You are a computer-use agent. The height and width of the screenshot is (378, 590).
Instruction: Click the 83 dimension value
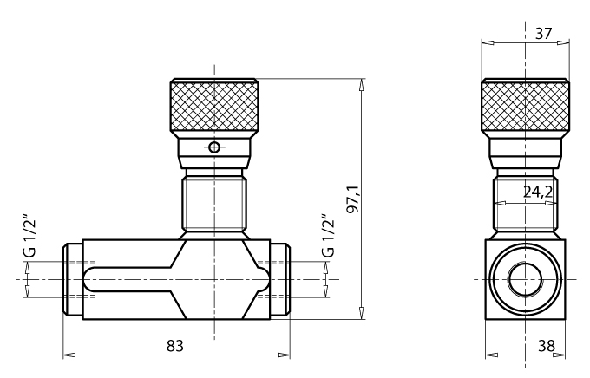[x=175, y=345]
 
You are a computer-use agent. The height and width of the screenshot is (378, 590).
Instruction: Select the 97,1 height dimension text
[x=354, y=199]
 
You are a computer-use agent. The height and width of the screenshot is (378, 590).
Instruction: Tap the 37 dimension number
[x=544, y=34]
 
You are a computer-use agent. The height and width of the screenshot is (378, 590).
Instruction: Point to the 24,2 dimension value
[x=538, y=192]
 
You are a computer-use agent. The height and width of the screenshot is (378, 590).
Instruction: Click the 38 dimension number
[x=547, y=346]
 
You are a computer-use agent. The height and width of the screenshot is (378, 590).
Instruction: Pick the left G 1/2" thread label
[x=29, y=236]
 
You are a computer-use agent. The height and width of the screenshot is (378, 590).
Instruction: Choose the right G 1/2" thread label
[x=328, y=236]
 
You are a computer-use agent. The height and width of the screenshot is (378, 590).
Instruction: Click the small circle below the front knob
[x=214, y=147]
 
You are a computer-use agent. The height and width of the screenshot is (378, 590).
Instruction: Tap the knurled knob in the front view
[x=214, y=105]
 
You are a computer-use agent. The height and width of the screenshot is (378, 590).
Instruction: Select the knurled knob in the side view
[x=525, y=105]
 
